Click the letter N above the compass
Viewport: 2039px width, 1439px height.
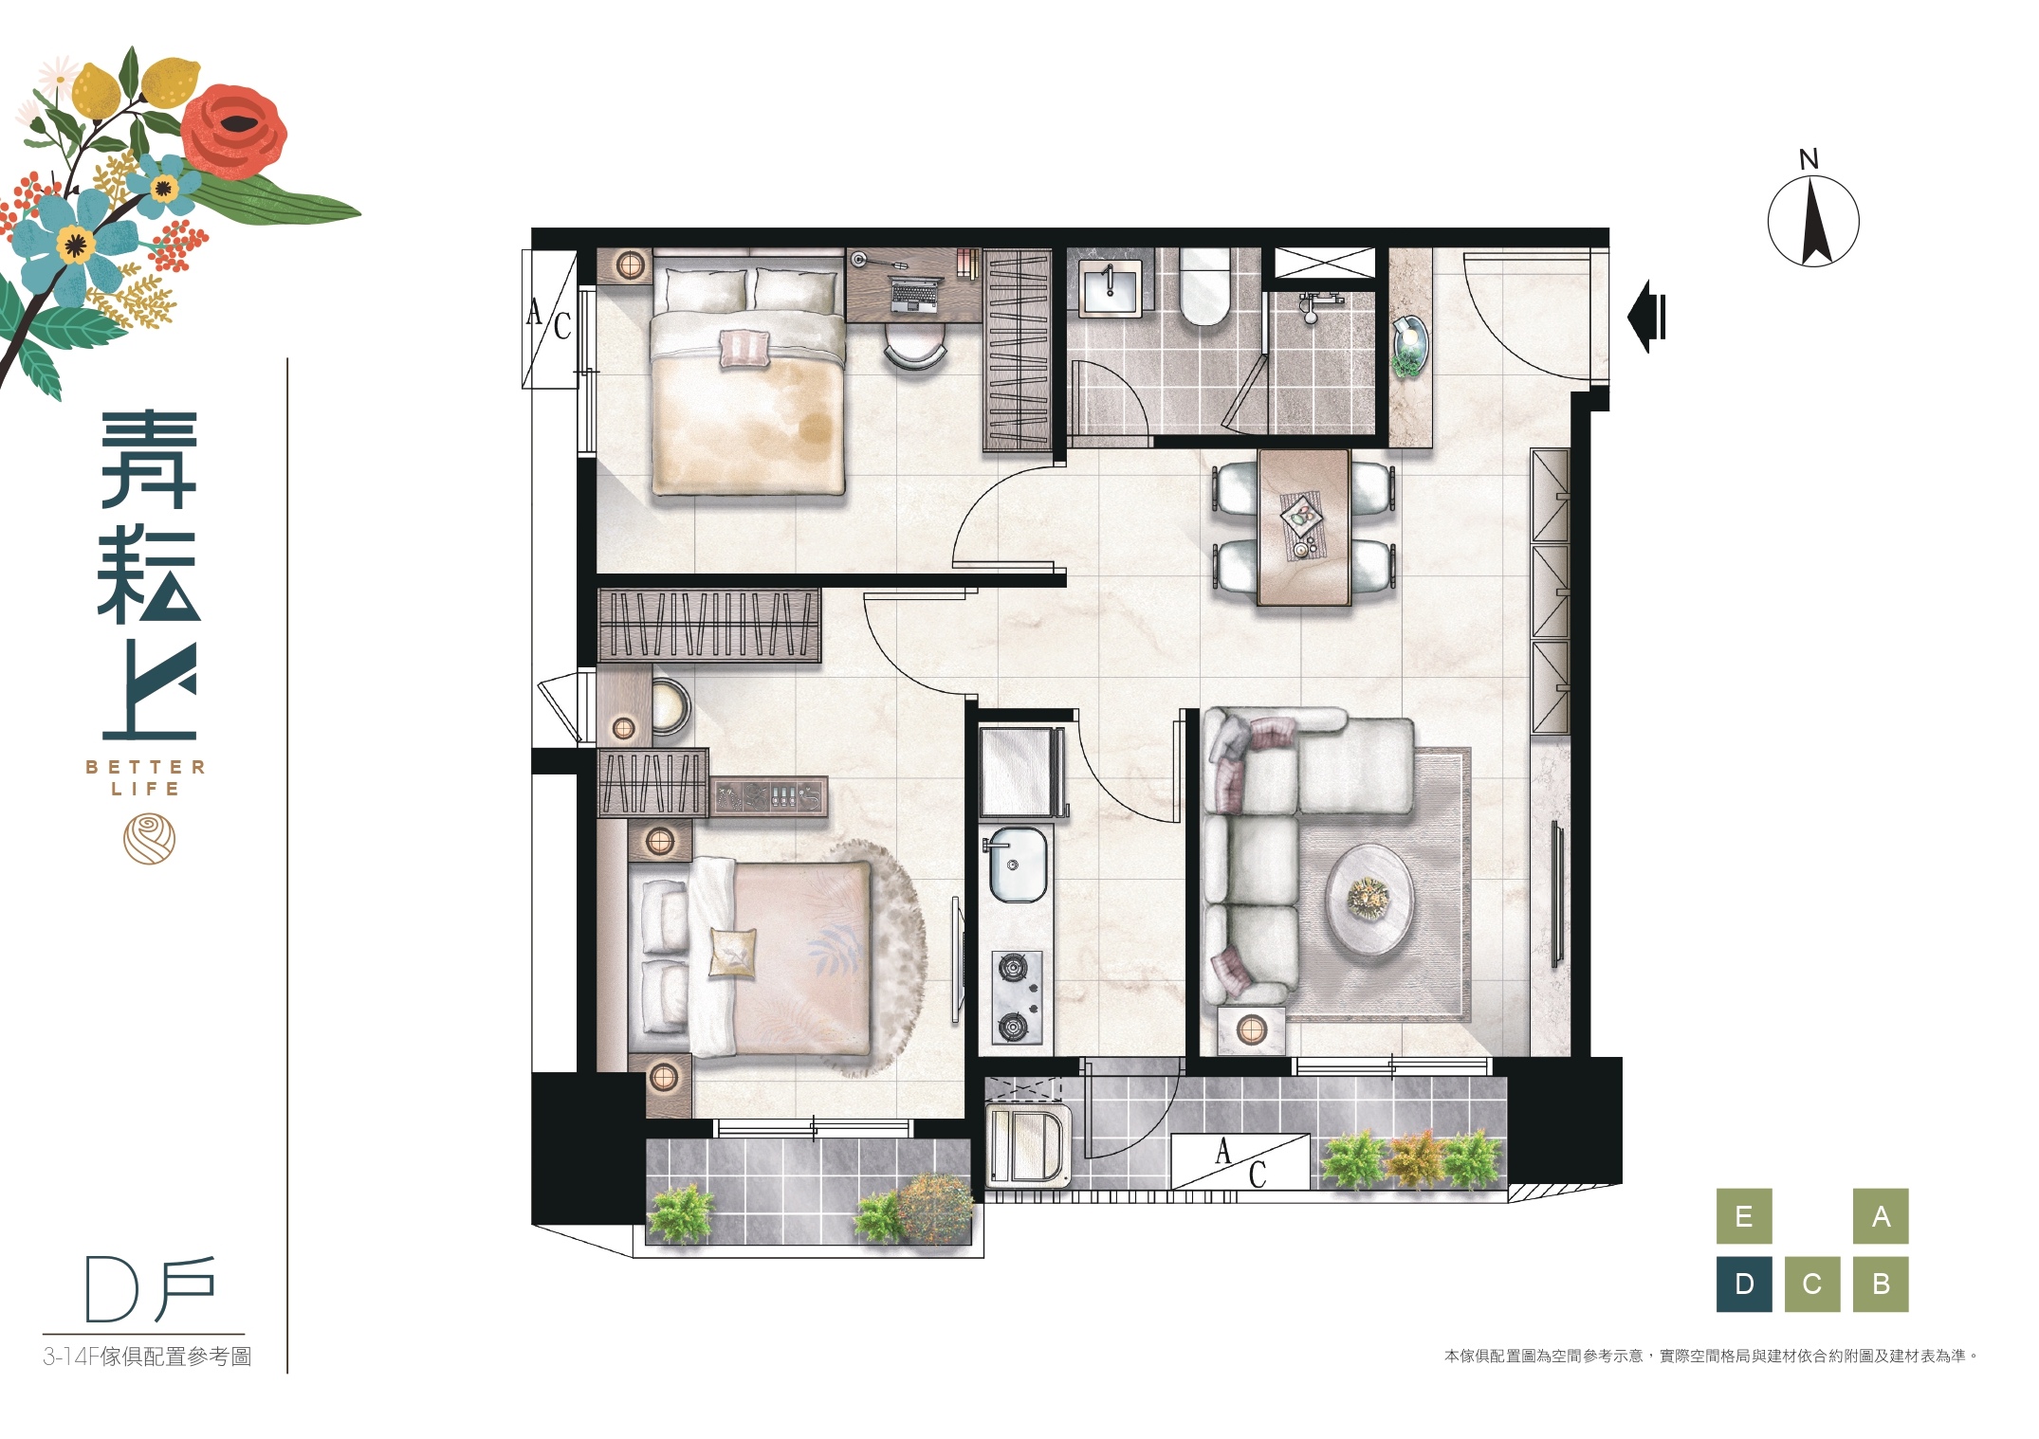coord(1809,159)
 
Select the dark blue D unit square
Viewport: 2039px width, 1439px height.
coord(1744,1284)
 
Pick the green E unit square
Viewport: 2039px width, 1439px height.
coord(1744,1216)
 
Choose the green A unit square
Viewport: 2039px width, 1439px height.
coord(1881,1216)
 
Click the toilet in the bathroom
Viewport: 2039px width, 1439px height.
coord(1204,287)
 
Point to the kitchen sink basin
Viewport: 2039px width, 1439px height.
coord(1017,864)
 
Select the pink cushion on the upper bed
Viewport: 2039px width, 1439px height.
coord(744,349)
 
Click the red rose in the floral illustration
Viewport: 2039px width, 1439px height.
coord(232,132)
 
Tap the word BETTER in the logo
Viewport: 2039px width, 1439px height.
coord(145,767)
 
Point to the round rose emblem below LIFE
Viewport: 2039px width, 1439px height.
coord(149,840)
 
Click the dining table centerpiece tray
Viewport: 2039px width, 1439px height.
coord(1301,517)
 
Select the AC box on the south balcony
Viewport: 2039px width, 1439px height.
coord(1240,1161)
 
